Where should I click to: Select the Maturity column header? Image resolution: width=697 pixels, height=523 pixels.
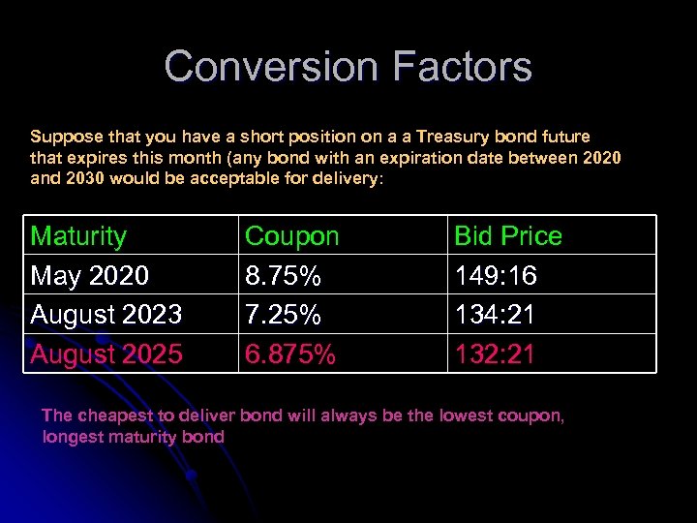click(x=78, y=236)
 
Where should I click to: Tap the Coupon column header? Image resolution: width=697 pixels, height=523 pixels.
click(x=291, y=236)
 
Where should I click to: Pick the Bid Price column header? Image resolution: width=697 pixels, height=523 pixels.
click(x=507, y=236)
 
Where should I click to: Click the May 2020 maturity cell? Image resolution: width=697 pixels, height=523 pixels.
click(x=89, y=276)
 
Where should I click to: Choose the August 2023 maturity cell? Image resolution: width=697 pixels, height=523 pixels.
click(x=106, y=315)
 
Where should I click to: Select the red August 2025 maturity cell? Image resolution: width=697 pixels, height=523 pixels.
click(x=106, y=354)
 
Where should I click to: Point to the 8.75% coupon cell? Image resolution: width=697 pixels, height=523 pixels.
click(x=283, y=276)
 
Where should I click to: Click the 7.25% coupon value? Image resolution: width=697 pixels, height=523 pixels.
click(x=283, y=315)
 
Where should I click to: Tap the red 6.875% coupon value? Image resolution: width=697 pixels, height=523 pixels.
click(x=290, y=354)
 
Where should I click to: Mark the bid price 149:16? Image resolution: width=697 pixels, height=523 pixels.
click(x=495, y=276)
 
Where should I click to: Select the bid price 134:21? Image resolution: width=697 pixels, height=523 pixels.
click(x=495, y=315)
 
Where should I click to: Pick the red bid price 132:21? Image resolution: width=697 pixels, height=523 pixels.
click(x=495, y=354)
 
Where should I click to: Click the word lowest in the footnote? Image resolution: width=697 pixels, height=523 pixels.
click(x=467, y=415)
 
